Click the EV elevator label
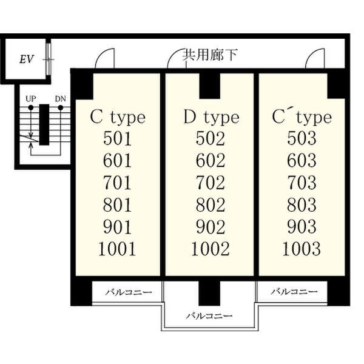(x=25, y=59)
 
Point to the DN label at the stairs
(x=60, y=98)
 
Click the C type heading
(x=118, y=116)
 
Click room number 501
(x=118, y=139)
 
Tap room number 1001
(x=118, y=248)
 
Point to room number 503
(x=302, y=139)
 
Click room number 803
(x=302, y=204)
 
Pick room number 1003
(x=302, y=248)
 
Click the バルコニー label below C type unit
(x=129, y=292)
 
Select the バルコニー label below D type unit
(x=209, y=315)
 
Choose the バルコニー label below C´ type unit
(x=294, y=292)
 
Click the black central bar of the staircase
(x=44, y=124)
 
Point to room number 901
(x=118, y=226)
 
